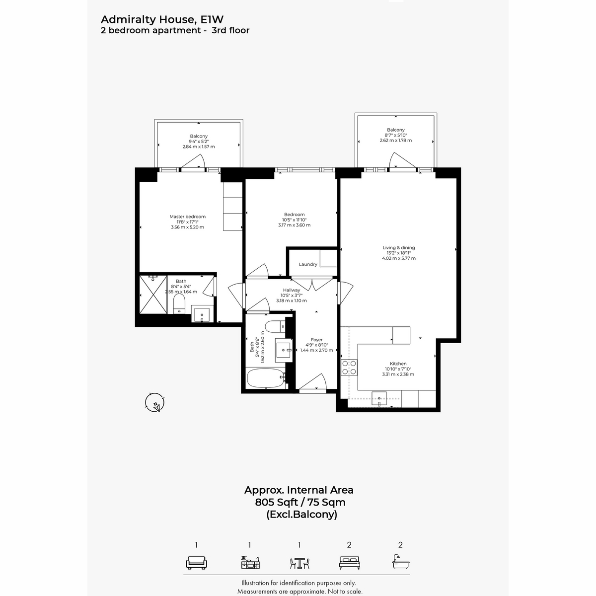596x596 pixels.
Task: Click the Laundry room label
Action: point(308,264)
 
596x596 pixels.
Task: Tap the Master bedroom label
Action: point(187,217)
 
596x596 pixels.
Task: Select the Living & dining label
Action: point(399,247)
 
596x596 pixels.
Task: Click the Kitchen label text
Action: point(398,364)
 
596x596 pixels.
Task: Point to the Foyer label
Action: point(317,340)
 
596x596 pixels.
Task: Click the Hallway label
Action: point(292,290)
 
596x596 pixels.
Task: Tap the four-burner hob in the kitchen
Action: point(349,368)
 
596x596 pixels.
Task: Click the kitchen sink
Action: point(379,398)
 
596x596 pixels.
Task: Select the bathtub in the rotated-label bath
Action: point(267,378)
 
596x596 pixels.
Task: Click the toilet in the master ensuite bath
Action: point(179,304)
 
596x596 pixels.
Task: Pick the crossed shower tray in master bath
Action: point(153,295)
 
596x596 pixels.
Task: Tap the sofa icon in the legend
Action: point(196,563)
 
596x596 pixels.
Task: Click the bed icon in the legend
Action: point(349,563)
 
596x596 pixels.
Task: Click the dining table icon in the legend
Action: point(299,564)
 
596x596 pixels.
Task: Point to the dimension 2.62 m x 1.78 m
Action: point(395,140)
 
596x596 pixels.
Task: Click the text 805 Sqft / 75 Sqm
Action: point(300,502)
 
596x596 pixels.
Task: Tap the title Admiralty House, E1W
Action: point(162,19)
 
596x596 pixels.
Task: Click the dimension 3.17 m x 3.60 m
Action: point(294,225)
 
